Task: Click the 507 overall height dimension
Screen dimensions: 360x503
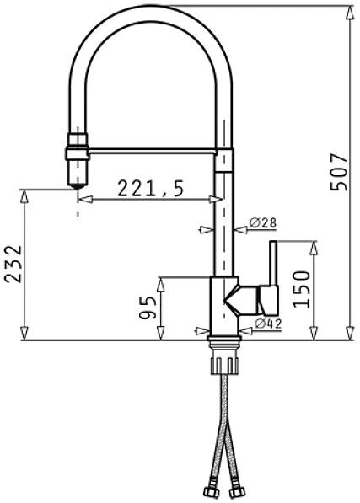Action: click(x=340, y=172)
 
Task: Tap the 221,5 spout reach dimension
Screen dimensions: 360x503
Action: click(x=150, y=188)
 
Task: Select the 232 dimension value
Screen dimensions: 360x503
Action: click(x=13, y=264)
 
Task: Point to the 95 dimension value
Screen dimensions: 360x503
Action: click(x=148, y=308)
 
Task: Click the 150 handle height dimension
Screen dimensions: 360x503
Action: click(x=302, y=289)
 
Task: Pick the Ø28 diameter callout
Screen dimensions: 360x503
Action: click(x=263, y=222)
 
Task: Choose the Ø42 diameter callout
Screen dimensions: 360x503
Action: click(x=268, y=324)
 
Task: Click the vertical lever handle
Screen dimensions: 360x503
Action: click(x=273, y=263)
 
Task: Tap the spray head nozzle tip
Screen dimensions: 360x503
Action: click(x=78, y=185)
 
